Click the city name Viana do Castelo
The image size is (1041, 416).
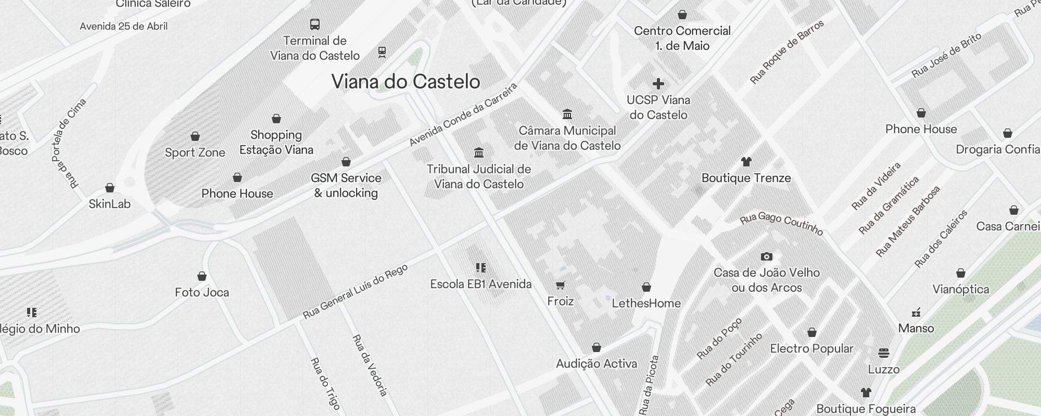point(405,82)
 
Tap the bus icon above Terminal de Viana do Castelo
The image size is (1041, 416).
point(315,24)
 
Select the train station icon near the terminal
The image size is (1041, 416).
point(382,52)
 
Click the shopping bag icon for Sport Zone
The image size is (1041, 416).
point(195,136)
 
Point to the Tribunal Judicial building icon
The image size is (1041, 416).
point(479,152)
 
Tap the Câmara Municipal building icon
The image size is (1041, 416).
point(567,114)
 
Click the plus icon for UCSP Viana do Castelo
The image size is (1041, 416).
point(658,83)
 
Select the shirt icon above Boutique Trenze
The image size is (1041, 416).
point(746,161)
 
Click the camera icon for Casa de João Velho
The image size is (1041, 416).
point(766,256)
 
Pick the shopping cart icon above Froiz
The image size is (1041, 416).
point(560,285)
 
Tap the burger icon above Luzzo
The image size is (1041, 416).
point(883,353)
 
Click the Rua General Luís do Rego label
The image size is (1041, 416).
point(355,292)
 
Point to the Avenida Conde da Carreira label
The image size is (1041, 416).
point(463,114)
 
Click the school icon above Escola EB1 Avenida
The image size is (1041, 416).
point(481,268)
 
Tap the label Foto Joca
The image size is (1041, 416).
point(202,292)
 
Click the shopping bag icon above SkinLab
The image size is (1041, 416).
point(110,188)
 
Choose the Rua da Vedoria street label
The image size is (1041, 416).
point(370,366)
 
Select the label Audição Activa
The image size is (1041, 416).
point(596,363)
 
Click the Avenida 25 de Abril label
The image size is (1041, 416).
point(123,26)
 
